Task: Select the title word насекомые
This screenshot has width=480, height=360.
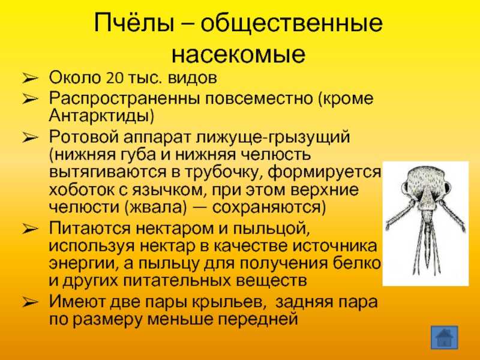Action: pos(238,54)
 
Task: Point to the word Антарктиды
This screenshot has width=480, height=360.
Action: pos(101,115)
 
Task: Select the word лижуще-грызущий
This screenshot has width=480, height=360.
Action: pos(273,137)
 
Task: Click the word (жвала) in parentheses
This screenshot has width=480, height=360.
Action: pos(156,207)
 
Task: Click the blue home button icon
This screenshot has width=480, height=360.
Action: pos(444,337)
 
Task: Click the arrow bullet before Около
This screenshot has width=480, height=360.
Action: pos(30,79)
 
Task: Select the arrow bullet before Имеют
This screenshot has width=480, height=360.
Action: pos(30,303)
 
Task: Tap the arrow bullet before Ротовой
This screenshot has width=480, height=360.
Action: pos(30,138)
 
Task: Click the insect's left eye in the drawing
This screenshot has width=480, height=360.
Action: pos(407,187)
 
